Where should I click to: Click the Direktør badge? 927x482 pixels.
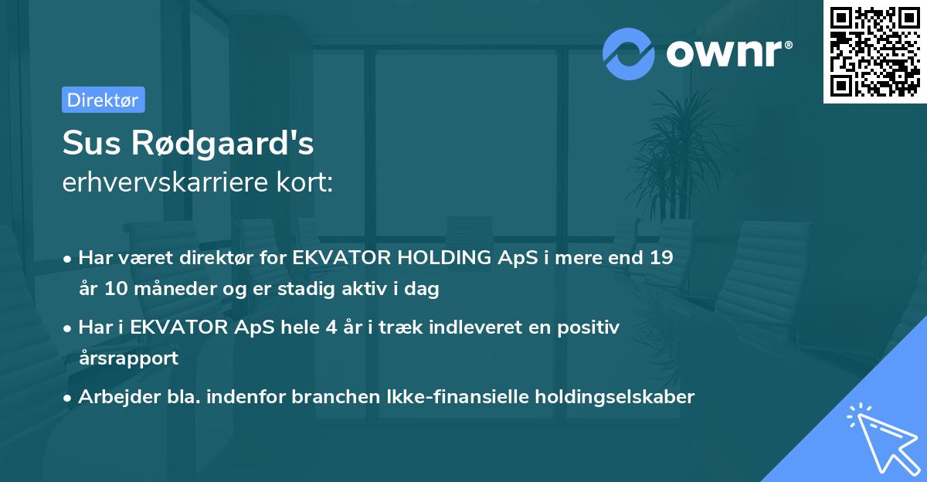(103, 100)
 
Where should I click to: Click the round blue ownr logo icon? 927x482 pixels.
(630, 53)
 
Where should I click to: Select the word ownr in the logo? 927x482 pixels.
(727, 53)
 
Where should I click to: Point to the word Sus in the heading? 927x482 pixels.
(87, 144)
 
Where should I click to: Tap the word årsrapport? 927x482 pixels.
(128, 358)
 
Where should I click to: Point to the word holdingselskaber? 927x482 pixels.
(618, 397)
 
